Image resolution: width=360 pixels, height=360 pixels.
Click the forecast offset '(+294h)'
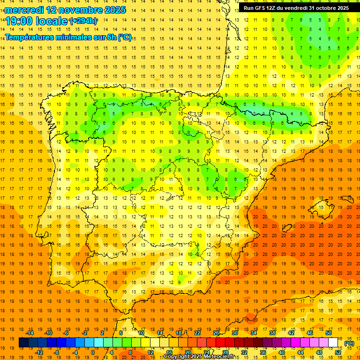pos(83,21)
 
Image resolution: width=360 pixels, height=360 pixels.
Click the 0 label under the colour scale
pos(93,352)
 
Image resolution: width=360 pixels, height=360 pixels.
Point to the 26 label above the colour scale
pos(216,333)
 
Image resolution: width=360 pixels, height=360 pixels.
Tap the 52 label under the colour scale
pos(338,352)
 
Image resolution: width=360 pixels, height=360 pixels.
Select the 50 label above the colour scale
pos(329,333)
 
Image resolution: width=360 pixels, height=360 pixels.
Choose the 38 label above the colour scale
pos(272,333)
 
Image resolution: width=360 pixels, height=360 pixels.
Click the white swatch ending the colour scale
pos(333,343)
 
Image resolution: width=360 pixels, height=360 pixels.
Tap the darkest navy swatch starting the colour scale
pos(23,343)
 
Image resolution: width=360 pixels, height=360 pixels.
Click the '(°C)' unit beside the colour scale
pos(349,343)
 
